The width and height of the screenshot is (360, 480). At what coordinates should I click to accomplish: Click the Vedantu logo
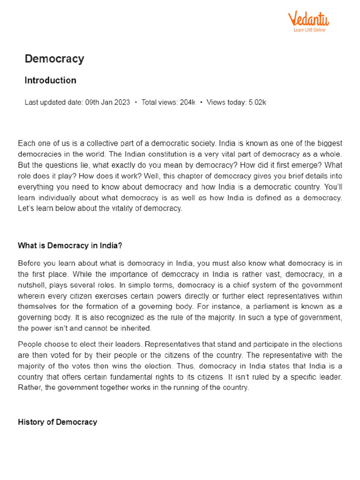308,19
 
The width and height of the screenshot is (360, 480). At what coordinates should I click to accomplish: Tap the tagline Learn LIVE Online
309,30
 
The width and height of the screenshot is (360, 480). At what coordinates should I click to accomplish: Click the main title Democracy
54,59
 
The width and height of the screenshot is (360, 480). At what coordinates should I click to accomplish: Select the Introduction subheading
50,81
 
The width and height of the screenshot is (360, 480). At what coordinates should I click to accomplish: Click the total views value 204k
187,102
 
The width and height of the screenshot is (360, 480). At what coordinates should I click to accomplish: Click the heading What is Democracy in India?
70,245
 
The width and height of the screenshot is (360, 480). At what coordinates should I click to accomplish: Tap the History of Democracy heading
58,422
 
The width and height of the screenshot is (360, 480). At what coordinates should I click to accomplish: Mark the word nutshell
34,285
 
